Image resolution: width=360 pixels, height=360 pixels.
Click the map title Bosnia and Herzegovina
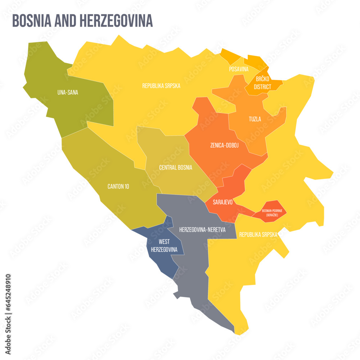coord(82,21)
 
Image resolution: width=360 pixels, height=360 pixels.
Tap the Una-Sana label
coord(67,92)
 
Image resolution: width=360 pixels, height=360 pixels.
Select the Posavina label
coord(239,69)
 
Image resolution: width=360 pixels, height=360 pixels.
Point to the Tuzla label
coord(255,119)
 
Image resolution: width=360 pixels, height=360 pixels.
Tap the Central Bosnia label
coord(176,167)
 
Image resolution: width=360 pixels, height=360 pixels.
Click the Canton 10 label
coord(118,186)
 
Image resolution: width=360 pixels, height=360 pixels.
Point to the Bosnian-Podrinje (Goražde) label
coord(270,212)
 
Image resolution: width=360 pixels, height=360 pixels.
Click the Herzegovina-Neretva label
coord(202,229)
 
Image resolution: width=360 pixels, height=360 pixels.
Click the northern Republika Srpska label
coord(161,86)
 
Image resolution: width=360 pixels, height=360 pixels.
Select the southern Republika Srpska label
coord(258,234)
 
